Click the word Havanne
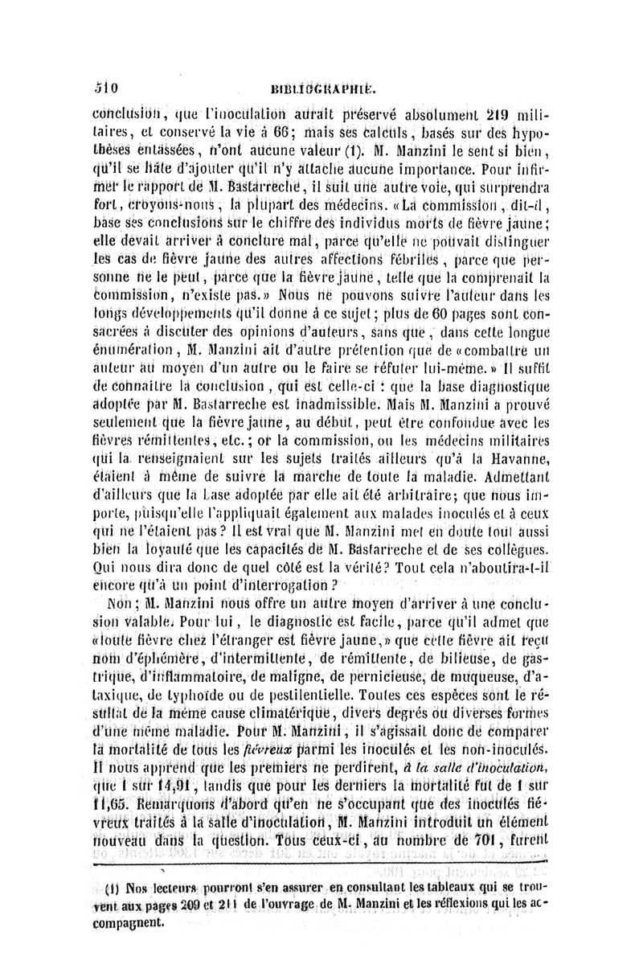(520, 460)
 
